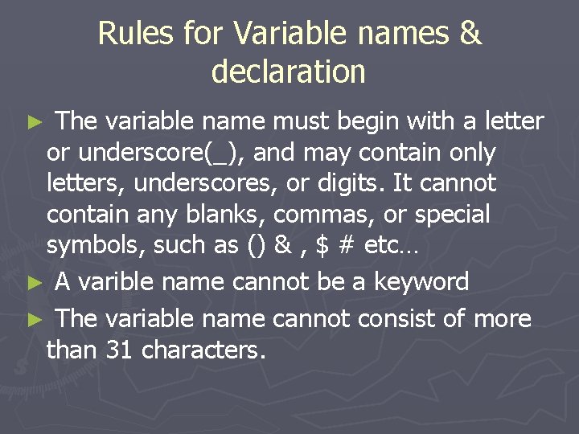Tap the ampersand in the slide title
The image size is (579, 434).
click(x=471, y=34)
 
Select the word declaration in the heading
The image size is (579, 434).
click(x=289, y=72)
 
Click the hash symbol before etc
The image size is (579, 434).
click(x=347, y=246)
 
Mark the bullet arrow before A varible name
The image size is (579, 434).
click(x=32, y=283)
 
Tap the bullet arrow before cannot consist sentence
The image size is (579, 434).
click(x=32, y=320)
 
